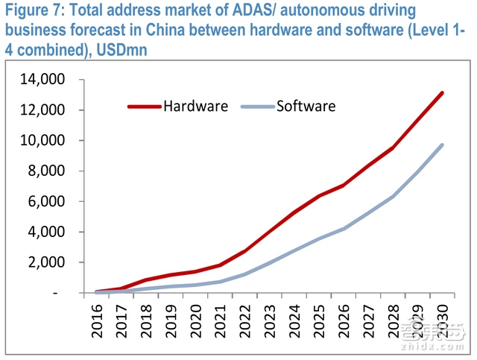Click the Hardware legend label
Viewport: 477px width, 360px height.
(195, 106)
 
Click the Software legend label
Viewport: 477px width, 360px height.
(306, 106)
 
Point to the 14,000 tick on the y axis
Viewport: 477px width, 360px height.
(46, 79)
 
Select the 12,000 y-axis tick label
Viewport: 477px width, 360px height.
(46, 110)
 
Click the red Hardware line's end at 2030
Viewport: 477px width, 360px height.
(442, 93)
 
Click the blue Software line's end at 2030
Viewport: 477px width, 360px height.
(442, 145)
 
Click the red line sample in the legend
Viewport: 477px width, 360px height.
(144, 106)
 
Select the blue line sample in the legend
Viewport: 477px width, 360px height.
(257, 106)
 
